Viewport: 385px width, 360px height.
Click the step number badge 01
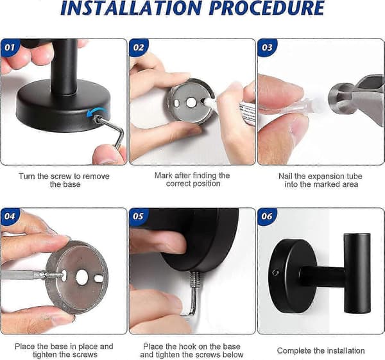click(x=10, y=47)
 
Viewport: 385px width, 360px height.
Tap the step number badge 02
click(x=138, y=47)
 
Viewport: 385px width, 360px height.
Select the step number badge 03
click(x=267, y=47)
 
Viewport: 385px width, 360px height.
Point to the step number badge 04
click(x=10, y=216)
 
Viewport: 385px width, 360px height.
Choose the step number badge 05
click(x=138, y=216)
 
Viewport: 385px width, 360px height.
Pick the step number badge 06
click(x=267, y=216)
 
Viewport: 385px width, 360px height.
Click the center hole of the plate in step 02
click(x=191, y=103)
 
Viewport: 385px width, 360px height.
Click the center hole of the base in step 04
click(x=82, y=277)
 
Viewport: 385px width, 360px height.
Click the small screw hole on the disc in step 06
click(x=275, y=273)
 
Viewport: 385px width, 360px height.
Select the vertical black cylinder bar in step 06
click(x=357, y=273)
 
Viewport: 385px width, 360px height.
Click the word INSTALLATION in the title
click(x=132, y=8)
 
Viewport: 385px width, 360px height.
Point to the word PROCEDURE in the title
click(x=268, y=8)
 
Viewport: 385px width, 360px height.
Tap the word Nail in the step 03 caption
click(x=286, y=176)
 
